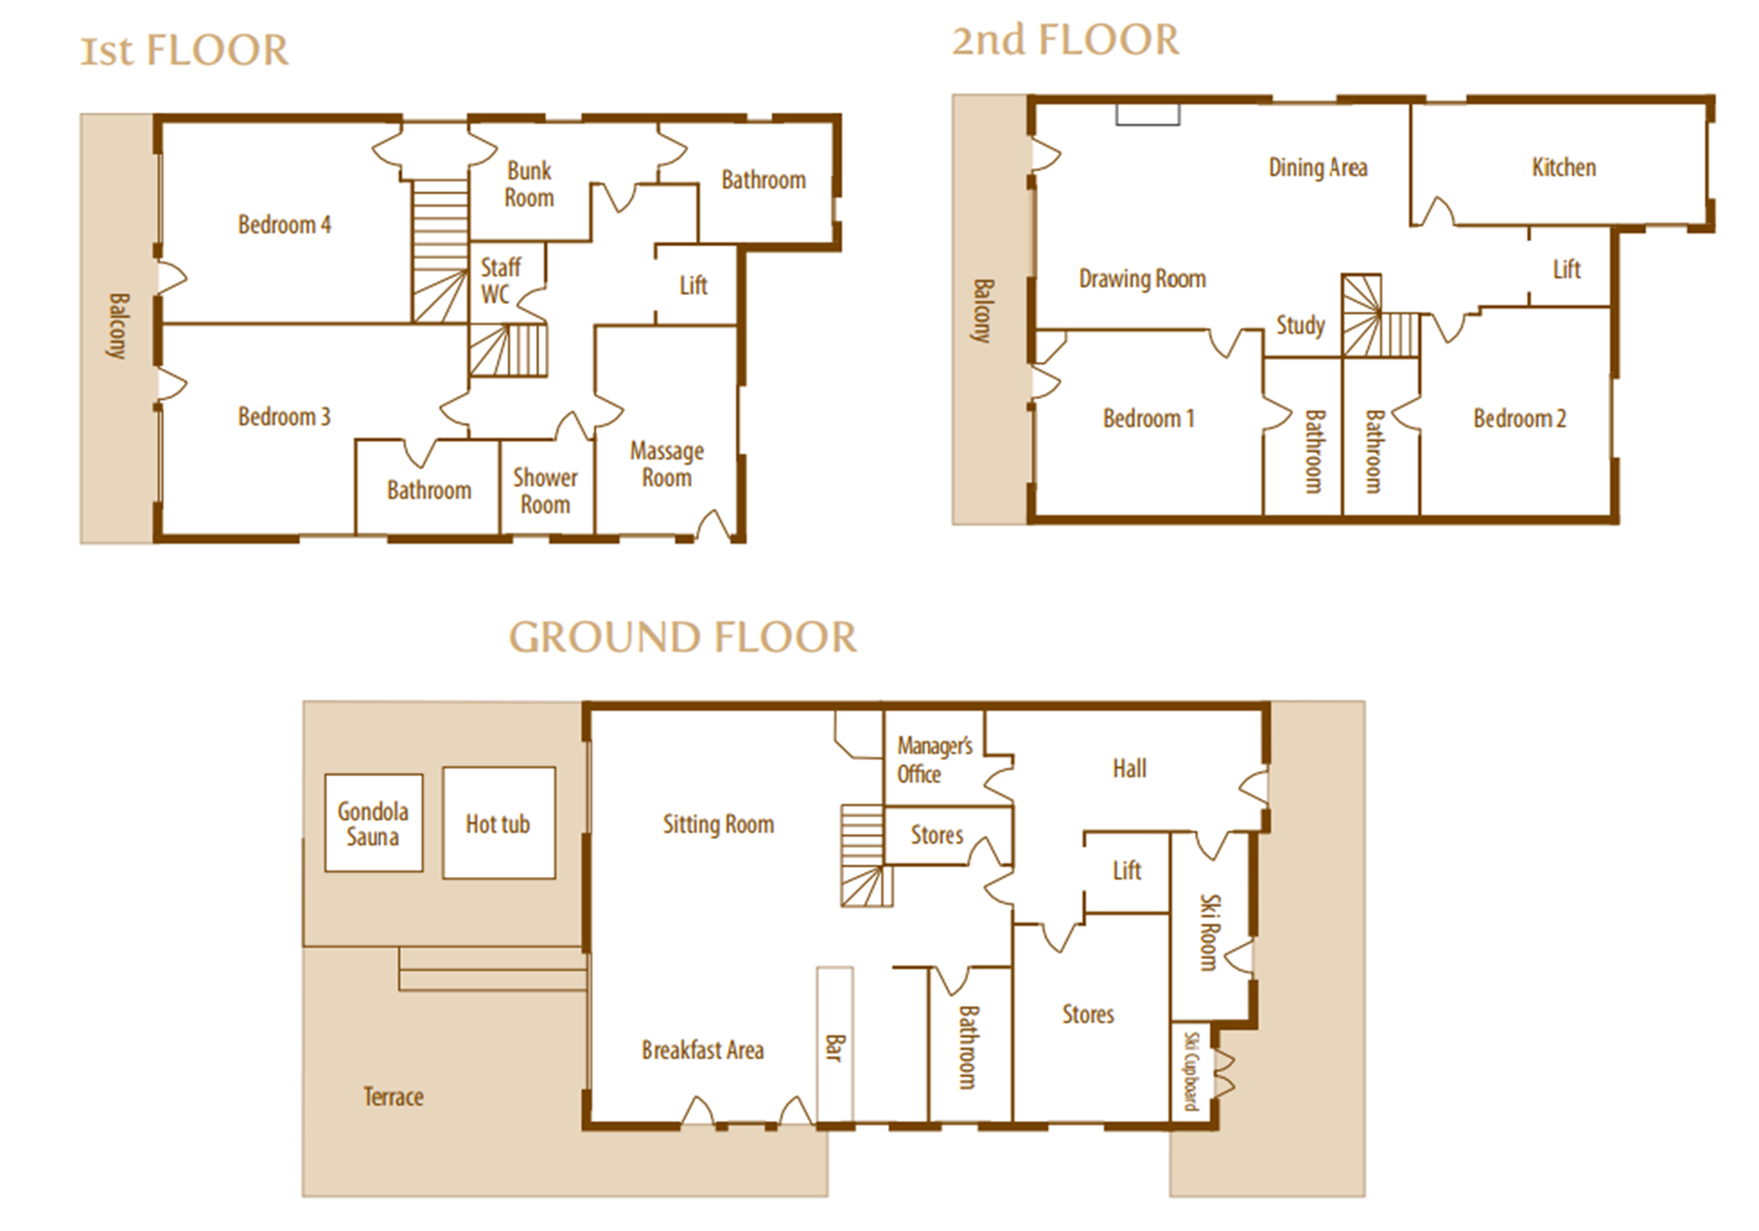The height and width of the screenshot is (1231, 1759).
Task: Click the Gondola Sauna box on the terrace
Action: [x=374, y=822]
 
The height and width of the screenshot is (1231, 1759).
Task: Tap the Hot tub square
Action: [x=499, y=822]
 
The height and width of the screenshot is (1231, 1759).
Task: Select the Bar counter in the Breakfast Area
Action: [x=835, y=1043]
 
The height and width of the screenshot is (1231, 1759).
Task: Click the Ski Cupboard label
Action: [x=1191, y=1071]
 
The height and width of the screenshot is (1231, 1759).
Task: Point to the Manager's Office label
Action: [x=934, y=759]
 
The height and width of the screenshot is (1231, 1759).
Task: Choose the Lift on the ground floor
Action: [x=1127, y=870]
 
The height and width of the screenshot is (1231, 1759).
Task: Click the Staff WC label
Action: [x=500, y=280]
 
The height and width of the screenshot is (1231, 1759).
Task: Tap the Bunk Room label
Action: [x=530, y=184]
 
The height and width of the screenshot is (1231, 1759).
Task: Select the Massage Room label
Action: [x=667, y=463]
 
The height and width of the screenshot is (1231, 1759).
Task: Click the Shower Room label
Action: [x=545, y=491]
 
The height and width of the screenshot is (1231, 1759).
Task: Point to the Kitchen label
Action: [x=1564, y=168]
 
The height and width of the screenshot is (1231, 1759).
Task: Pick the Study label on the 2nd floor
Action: [x=1301, y=326]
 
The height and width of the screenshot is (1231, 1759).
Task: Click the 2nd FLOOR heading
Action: [x=1065, y=40]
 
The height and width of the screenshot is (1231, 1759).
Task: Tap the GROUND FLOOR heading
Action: [x=683, y=637]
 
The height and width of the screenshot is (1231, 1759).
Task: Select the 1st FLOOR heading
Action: [x=184, y=50]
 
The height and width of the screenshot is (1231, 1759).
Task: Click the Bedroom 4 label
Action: [x=284, y=225]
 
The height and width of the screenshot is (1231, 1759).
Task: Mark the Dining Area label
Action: [x=1317, y=168]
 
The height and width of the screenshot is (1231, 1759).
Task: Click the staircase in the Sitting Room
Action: [x=867, y=855]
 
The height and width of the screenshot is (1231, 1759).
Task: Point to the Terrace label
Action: [x=393, y=1096]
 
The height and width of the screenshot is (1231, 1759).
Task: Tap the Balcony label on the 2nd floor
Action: [x=981, y=311]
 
